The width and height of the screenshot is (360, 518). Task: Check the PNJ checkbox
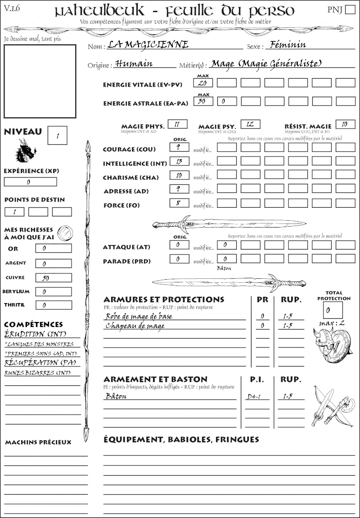coord(349,10)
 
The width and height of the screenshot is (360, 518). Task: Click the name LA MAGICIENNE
coord(148,45)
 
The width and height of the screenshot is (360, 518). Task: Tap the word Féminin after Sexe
coord(286,45)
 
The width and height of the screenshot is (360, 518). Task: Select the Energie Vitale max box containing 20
coord(203,83)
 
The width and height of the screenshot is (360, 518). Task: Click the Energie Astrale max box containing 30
coord(203,101)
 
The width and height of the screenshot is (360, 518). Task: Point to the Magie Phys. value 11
coord(177,124)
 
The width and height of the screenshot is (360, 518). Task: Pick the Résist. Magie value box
coord(345,124)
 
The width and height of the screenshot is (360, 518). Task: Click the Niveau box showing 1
coord(57,135)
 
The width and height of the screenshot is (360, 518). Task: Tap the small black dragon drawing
coord(26,151)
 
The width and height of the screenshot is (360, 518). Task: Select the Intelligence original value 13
coord(179,161)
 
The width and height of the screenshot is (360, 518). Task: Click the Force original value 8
coord(179,203)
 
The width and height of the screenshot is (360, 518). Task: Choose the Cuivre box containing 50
coord(53,278)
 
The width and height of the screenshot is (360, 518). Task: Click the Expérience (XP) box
coord(30,182)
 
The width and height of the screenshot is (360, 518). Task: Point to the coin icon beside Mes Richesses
coord(66,233)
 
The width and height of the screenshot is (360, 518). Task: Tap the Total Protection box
coord(333,310)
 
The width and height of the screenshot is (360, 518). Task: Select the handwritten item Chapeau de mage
coord(135,326)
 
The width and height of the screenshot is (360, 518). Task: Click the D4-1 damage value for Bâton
coord(254,397)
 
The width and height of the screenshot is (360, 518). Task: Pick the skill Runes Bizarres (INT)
coord(37,373)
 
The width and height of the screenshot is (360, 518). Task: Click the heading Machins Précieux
coord(38,442)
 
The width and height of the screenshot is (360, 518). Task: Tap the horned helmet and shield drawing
coord(332,344)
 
